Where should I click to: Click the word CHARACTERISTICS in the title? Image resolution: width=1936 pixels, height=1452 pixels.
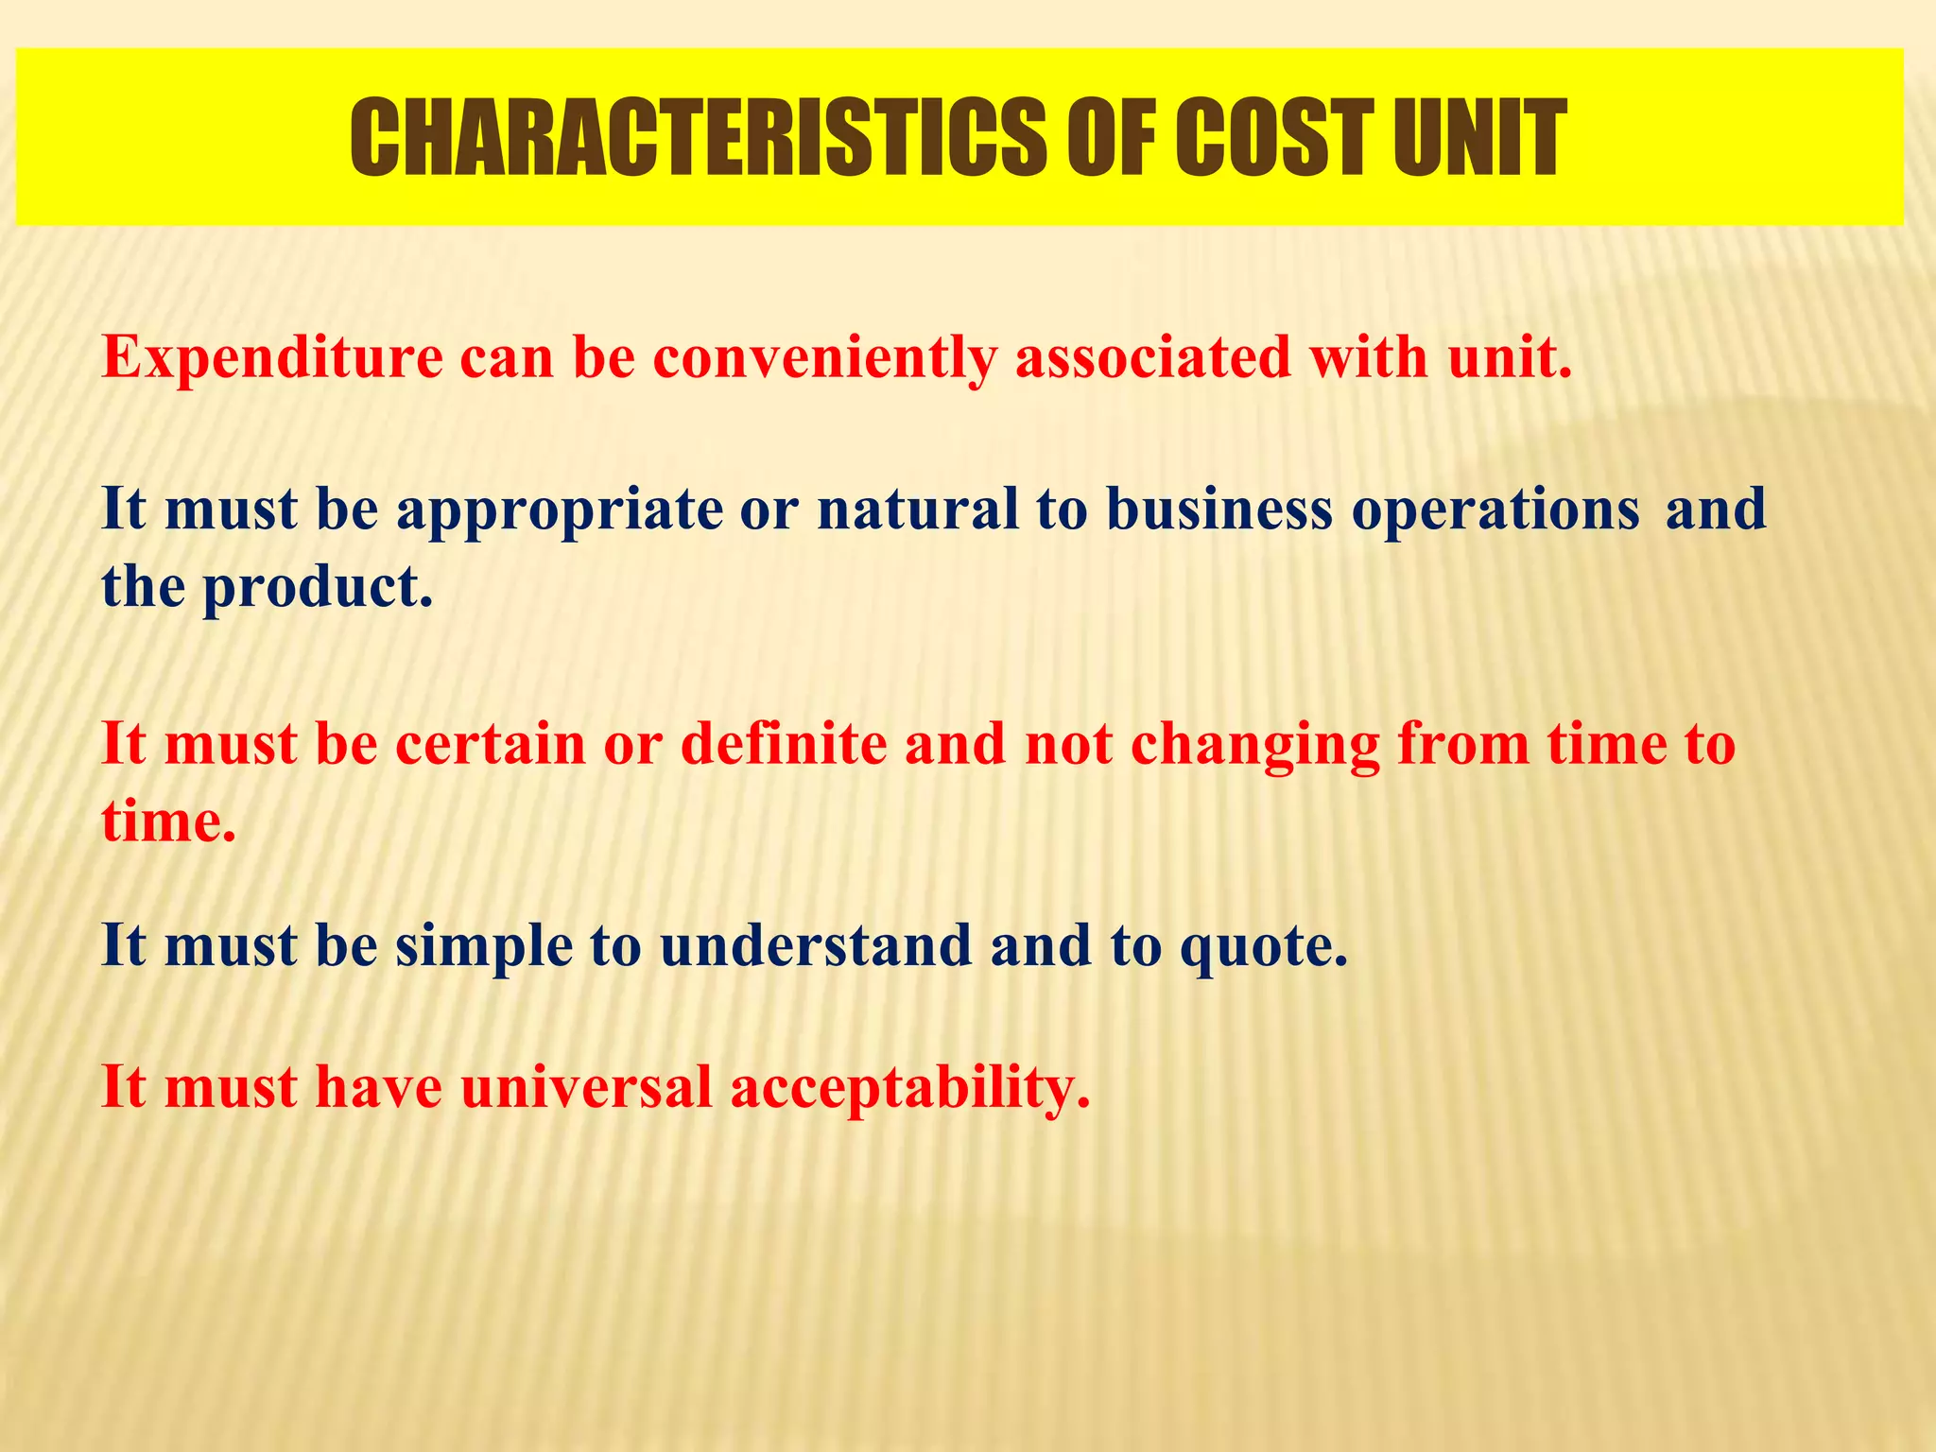[697, 138]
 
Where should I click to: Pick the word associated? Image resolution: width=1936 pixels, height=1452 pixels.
[1152, 357]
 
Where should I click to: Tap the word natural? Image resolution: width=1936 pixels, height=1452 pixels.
[917, 509]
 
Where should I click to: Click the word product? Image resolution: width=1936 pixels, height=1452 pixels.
[318, 588]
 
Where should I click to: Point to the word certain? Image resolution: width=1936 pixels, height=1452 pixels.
[491, 744]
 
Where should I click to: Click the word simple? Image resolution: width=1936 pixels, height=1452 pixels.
[484, 946]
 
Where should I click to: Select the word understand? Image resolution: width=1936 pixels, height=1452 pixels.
[816, 944]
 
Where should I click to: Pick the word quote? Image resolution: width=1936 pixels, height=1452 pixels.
[1263, 946]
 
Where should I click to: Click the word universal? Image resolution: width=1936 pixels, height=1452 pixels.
[586, 1086]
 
